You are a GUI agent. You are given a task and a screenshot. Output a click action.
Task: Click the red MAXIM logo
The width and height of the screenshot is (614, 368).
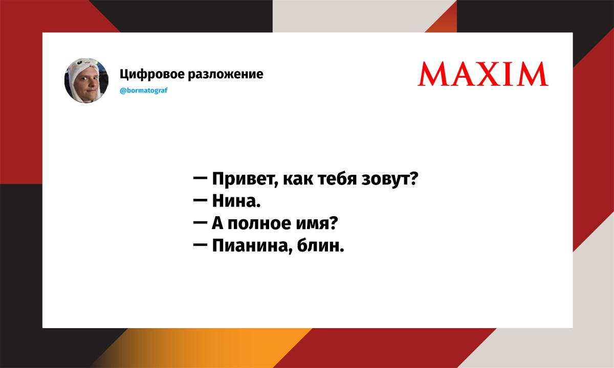[x=483, y=74]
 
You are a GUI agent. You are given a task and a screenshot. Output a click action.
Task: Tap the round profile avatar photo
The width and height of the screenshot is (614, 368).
[x=86, y=81]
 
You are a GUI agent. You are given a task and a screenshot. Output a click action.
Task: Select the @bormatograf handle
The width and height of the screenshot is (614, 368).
[x=144, y=90]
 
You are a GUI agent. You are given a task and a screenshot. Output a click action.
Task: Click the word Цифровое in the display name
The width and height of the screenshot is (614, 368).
[x=152, y=74]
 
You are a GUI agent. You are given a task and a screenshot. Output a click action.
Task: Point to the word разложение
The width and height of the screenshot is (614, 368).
[x=226, y=74]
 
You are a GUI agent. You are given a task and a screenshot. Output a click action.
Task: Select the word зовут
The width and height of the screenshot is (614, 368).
[x=386, y=179]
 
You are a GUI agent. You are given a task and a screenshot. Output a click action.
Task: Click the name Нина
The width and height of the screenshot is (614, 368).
[x=236, y=201]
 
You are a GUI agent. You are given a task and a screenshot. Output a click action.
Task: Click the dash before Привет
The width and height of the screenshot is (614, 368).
[x=200, y=178]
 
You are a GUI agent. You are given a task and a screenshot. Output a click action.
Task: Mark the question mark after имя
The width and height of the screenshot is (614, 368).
[x=333, y=223]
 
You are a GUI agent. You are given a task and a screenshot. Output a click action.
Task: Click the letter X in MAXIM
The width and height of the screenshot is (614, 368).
[x=490, y=74]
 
